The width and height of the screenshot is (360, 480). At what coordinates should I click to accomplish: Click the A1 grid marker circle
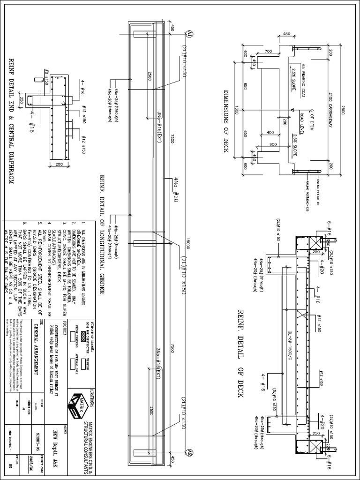tap(190, 33)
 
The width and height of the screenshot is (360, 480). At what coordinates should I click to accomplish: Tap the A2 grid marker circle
tap(190, 453)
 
